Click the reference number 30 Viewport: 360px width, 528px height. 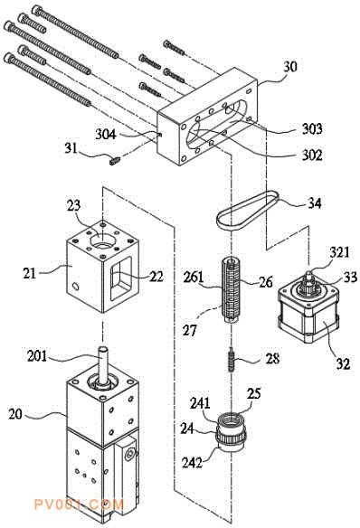tap(290, 66)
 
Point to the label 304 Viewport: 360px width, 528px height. tap(106, 135)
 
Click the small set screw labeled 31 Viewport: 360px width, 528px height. tap(115, 160)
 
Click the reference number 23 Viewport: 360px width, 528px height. tap(74, 205)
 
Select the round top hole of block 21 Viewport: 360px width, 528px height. tap(100, 240)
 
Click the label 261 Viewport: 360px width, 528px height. tap(194, 278)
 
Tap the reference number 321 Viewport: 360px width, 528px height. tap(339, 252)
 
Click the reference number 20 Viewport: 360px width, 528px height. tap(15, 414)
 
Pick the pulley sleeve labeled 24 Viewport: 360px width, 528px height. tap(231, 435)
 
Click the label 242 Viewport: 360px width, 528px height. tap(192, 463)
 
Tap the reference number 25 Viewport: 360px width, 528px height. tap(253, 393)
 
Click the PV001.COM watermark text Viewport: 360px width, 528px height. tap(80, 504)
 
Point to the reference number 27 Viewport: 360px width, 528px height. tap(189, 330)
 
